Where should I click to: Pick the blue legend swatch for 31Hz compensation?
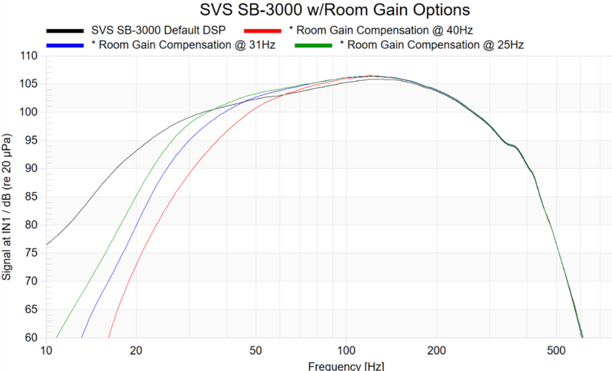tap(64, 47)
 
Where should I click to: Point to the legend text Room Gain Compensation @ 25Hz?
tap(431, 47)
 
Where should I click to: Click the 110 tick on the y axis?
tap(28, 57)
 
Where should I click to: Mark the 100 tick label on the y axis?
tap(28, 112)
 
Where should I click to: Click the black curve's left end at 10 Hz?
tap(47, 245)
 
